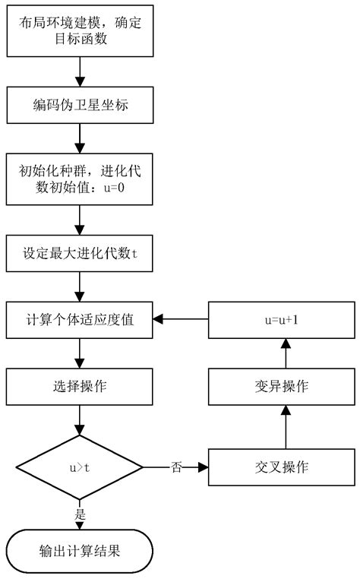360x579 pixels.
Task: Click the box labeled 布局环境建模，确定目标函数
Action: (x=80, y=30)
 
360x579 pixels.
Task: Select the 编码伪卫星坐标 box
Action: (x=80, y=105)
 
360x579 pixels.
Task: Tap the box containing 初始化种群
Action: (x=80, y=179)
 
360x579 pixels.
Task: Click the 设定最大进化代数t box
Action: (x=80, y=253)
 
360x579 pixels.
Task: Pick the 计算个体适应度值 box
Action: (x=80, y=320)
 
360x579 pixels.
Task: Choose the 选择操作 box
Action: (x=80, y=387)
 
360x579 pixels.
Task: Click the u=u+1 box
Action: (x=281, y=320)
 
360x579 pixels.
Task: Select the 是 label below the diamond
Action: (x=80, y=514)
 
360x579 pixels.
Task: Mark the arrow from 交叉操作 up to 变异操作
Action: (x=286, y=427)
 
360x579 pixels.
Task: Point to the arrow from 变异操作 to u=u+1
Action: (x=286, y=353)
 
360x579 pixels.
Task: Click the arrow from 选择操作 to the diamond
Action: (x=80, y=420)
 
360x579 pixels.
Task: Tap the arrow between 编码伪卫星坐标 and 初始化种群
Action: (x=80, y=138)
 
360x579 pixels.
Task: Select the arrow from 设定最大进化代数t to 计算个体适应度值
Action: (x=80, y=286)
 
